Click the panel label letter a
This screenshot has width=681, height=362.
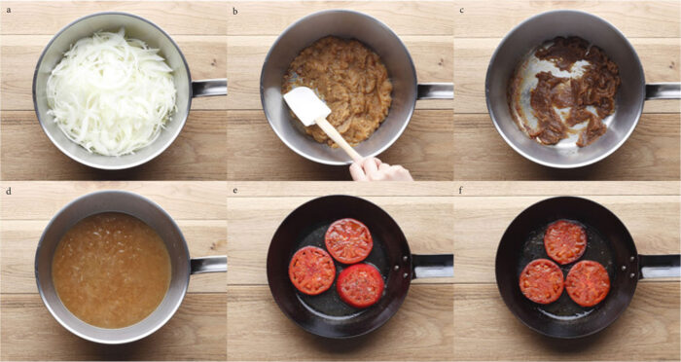(x=8, y=9)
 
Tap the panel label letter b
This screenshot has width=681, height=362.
(x=235, y=11)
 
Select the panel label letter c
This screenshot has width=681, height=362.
(x=461, y=10)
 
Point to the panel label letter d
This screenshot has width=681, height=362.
(x=8, y=191)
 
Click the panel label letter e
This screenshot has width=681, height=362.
(x=235, y=191)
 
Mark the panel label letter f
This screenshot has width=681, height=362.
(x=461, y=191)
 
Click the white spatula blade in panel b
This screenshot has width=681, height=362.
(x=306, y=106)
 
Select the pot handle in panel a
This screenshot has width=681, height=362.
(x=209, y=88)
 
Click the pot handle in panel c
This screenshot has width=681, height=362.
(x=663, y=91)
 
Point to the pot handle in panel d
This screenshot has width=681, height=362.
(x=208, y=265)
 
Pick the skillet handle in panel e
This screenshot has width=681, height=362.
(x=433, y=266)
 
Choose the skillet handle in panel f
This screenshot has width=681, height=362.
(x=660, y=266)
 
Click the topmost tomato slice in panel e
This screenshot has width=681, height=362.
(x=348, y=240)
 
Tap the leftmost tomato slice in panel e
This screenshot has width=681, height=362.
(x=312, y=271)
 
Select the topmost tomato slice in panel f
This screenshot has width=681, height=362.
(x=565, y=241)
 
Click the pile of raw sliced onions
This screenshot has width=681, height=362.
(x=111, y=91)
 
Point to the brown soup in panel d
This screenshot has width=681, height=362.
(x=112, y=271)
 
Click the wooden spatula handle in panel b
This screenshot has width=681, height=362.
(x=339, y=138)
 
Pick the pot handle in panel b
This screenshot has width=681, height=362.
(x=435, y=91)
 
